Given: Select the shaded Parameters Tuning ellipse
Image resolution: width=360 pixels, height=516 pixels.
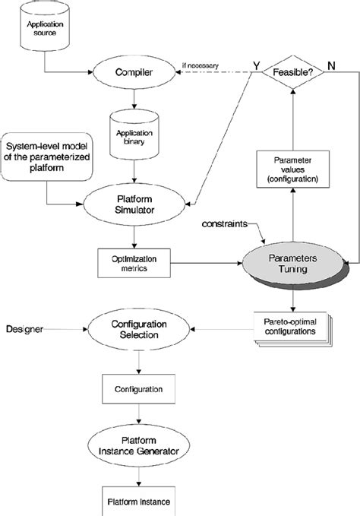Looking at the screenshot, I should point(292,265).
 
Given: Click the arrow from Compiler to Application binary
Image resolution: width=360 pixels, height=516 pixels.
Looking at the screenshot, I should point(134,98).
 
